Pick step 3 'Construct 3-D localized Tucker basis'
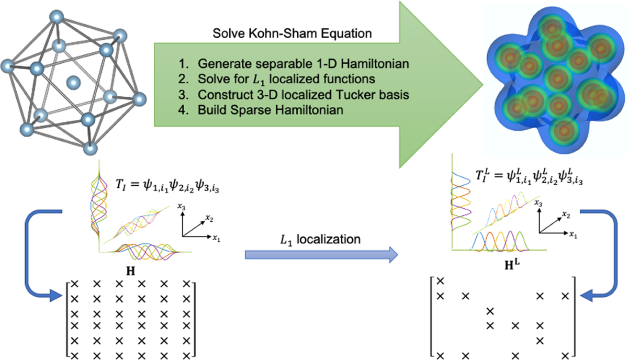(295, 95)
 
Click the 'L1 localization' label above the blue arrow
(320, 239)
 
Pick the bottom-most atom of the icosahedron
(90, 150)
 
